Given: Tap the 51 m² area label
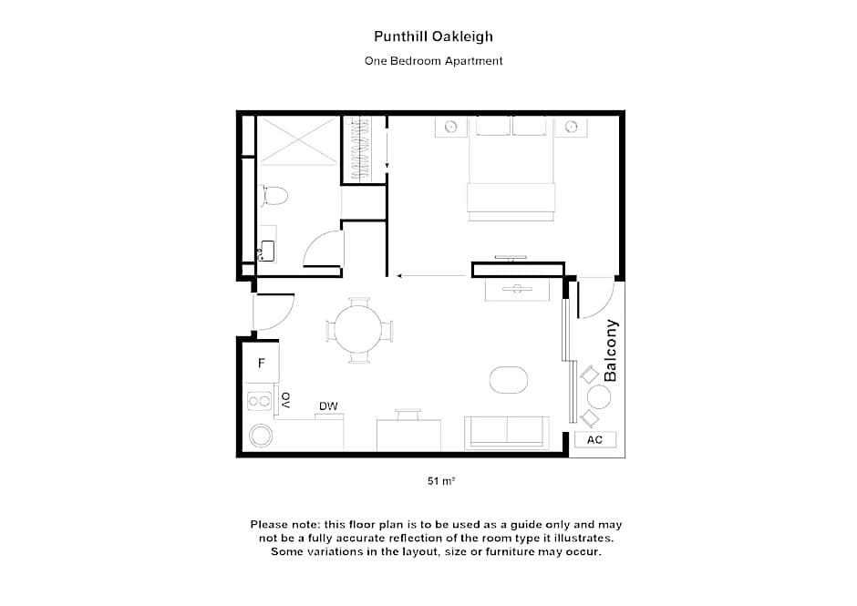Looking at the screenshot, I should [440, 480].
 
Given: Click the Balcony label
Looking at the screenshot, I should [611, 350].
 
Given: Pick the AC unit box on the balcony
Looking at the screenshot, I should [594, 439].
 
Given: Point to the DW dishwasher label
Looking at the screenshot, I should [328, 406].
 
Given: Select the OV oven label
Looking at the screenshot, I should [285, 399].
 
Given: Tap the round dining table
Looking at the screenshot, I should [360, 330].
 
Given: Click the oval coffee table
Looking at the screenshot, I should [509, 378].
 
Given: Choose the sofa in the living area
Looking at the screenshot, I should [506, 432].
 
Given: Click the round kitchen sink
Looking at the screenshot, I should [261, 435].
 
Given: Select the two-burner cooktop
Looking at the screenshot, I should [260, 399].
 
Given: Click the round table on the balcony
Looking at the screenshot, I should [599, 396].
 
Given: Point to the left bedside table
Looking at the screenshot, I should [449, 127].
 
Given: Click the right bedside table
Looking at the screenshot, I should [572, 127].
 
